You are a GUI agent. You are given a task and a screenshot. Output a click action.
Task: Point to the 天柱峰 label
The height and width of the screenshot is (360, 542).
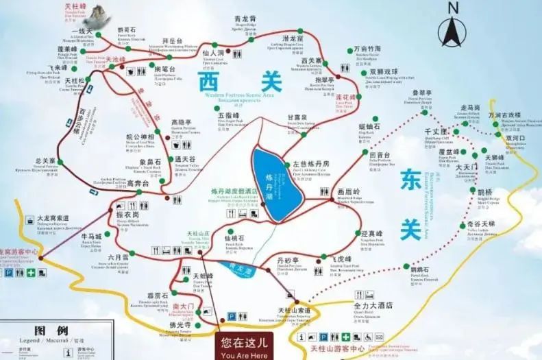(x=75, y=6)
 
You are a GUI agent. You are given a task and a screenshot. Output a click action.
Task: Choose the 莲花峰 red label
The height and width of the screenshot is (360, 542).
(x=347, y=97)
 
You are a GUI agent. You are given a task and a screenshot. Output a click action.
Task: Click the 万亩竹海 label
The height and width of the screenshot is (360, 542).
(x=367, y=50)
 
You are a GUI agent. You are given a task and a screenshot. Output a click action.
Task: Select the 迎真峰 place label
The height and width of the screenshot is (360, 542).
(x=371, y=233)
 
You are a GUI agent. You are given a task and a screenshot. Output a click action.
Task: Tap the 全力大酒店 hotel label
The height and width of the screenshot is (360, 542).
(x=373, y=305)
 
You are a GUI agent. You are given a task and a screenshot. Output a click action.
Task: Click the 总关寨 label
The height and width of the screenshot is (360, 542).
(x=44, y=160)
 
